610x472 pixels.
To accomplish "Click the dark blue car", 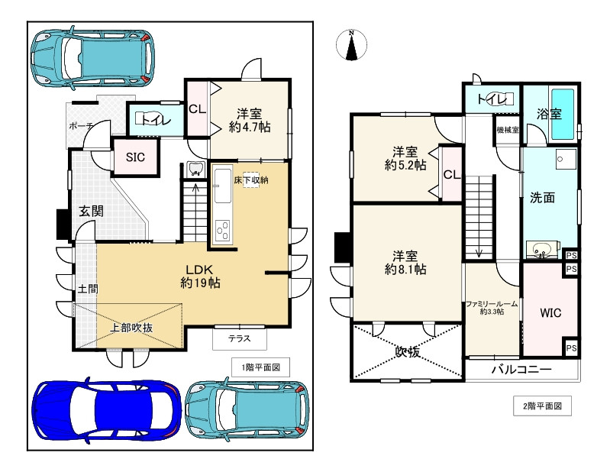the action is click(107, 409).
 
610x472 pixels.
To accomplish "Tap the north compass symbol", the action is click(352, 45).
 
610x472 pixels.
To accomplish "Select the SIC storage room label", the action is click(135, 157).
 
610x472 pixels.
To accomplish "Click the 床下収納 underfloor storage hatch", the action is click(251, 179).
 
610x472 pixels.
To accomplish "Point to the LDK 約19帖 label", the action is click(200, 276).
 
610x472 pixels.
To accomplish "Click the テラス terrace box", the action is click(240, 338).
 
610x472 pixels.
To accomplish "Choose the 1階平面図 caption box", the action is click(260, 367).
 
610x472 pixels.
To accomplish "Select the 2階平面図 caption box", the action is click(542, 406).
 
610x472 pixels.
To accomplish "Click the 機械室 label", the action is click(508, 130).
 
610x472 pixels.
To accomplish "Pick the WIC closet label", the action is click(550, 312).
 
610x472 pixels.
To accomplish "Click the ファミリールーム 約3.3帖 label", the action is click(492, 307).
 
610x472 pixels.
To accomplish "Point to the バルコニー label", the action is click(521, 369).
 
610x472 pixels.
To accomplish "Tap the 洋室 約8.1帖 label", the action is click(405, 263).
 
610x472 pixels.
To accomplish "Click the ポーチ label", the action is click(81, 126).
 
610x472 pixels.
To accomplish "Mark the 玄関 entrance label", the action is click(91, 212).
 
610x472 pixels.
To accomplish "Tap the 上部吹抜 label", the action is click(131, 328).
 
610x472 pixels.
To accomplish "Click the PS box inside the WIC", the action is click(571, 348).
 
